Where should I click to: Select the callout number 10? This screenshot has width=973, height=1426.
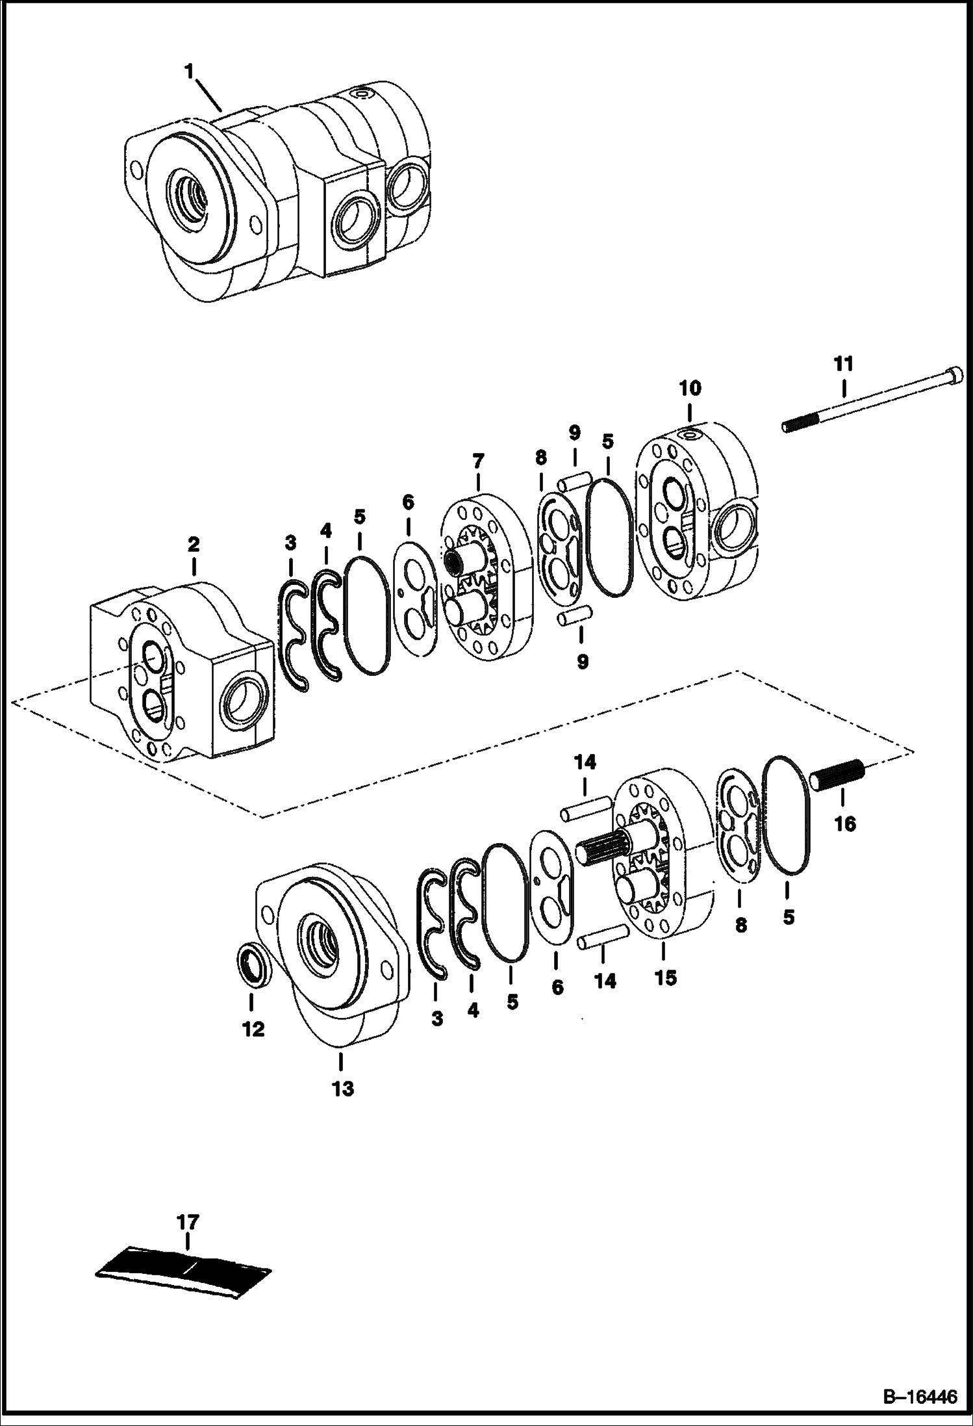click(x=690, y=389)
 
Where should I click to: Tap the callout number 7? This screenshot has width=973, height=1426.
click(x=478, y=462)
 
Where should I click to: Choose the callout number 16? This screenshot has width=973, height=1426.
click(x=845, y=824)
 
